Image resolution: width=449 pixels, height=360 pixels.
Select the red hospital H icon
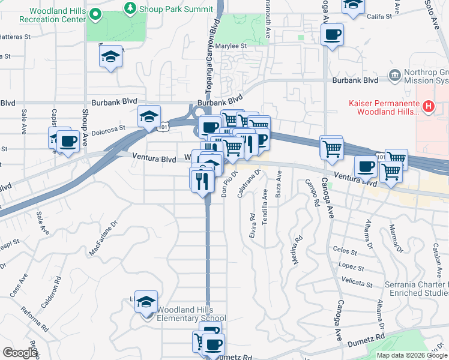[x=429, y=107]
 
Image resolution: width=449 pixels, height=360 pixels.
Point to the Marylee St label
[x=228, y=46]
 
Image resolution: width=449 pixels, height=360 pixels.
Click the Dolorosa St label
[x=108, y=128]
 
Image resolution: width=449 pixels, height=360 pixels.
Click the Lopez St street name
[x=352, y=265]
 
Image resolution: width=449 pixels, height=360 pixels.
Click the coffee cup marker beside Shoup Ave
[x=68, y=142]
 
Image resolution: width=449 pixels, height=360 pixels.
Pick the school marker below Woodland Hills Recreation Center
[x=111, y=58]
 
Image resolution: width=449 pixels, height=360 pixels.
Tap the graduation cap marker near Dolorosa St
[x=149, y=116]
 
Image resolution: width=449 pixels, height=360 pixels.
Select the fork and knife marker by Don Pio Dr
[x=202, y=179]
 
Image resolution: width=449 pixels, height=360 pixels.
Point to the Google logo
[x=19, y=353]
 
